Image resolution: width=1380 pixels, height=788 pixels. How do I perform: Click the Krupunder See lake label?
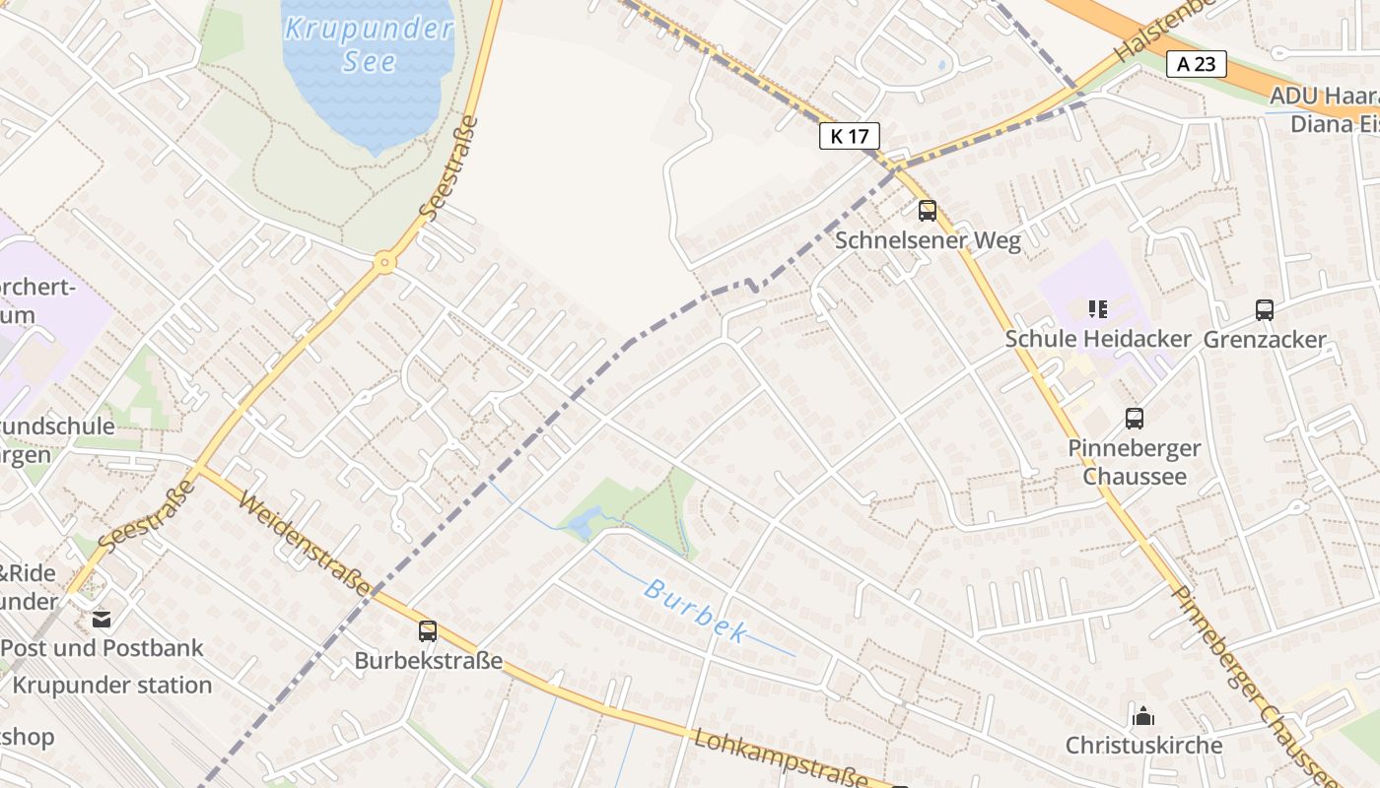click(369, 43)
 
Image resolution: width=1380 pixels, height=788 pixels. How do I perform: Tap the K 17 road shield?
click(849, 136)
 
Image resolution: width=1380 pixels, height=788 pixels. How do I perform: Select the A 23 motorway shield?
click(1197, 64)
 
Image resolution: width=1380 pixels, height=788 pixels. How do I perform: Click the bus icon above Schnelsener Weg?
click(927, 210)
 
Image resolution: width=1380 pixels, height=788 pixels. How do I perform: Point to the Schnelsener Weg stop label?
click(928, 239)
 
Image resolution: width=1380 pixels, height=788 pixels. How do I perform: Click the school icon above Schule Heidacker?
click(1098, 309)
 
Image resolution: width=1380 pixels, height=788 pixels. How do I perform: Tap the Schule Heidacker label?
click(1098, 339)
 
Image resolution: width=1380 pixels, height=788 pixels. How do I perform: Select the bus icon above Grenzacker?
click(1265, 310)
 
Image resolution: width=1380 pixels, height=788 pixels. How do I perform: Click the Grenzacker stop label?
click(1265, 340)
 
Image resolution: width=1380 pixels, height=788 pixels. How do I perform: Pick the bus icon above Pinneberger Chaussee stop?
click(1135, 419)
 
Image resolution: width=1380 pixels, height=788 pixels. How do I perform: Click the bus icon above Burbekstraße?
click(428, 631)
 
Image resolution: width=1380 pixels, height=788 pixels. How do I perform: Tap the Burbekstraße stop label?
click(429, 661)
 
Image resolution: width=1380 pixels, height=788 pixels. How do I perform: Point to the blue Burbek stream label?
click(695, 611)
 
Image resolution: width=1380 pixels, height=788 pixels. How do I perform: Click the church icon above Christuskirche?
click(1143, 716)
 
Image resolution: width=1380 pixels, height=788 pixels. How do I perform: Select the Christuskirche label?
click(1143, 745)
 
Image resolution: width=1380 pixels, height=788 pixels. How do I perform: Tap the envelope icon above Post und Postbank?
click(102, 620)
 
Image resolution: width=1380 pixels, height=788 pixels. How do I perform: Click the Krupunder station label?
click(112, 685)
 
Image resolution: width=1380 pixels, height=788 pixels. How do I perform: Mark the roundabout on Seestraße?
click(384, 262)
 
